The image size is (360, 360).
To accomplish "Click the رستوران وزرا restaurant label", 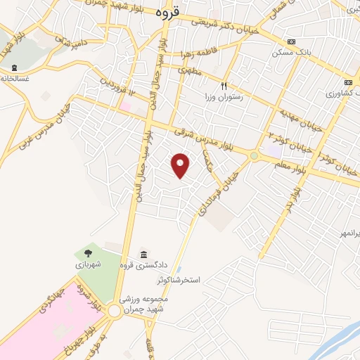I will (224, 96).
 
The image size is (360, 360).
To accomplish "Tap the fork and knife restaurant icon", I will (224, 85).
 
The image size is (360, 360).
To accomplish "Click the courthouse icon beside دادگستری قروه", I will (144, 254).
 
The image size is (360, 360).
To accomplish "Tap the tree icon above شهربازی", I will (88, 253).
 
